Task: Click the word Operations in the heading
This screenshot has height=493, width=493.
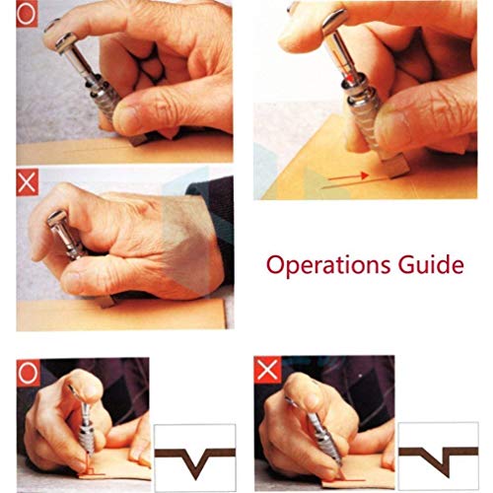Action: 328,265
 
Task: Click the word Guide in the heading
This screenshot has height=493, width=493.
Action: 431,263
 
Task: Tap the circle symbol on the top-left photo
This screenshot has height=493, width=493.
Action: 27,15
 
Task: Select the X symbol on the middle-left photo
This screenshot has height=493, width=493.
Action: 27,182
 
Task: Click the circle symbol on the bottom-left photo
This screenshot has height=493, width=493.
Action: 29,373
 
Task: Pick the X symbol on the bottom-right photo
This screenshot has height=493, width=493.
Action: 268,370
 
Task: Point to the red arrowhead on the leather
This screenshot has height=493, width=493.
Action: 365,176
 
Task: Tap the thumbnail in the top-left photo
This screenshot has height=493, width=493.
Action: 126,115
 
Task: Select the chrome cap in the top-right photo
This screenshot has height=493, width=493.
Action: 333,22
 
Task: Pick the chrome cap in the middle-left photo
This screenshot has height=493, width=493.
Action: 56,219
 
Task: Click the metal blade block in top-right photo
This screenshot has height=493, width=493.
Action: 396,165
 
